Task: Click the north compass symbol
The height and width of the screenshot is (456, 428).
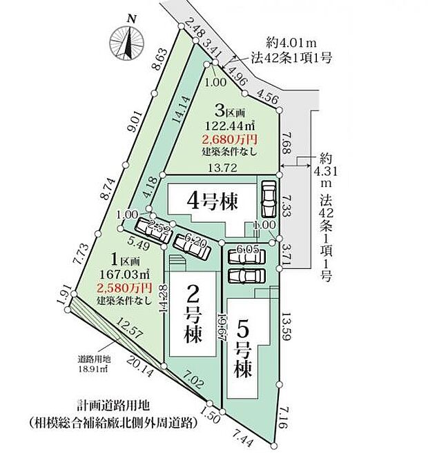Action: click(x=127, y=41)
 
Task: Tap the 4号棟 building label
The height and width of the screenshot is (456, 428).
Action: click(x=213, y=202)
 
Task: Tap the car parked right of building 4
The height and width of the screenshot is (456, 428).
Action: click(x=267, y=199)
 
